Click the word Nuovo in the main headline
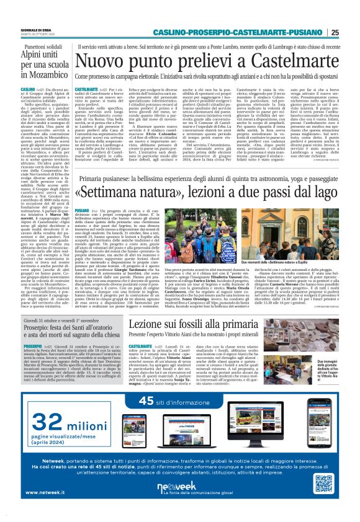click(x=104, y=62)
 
